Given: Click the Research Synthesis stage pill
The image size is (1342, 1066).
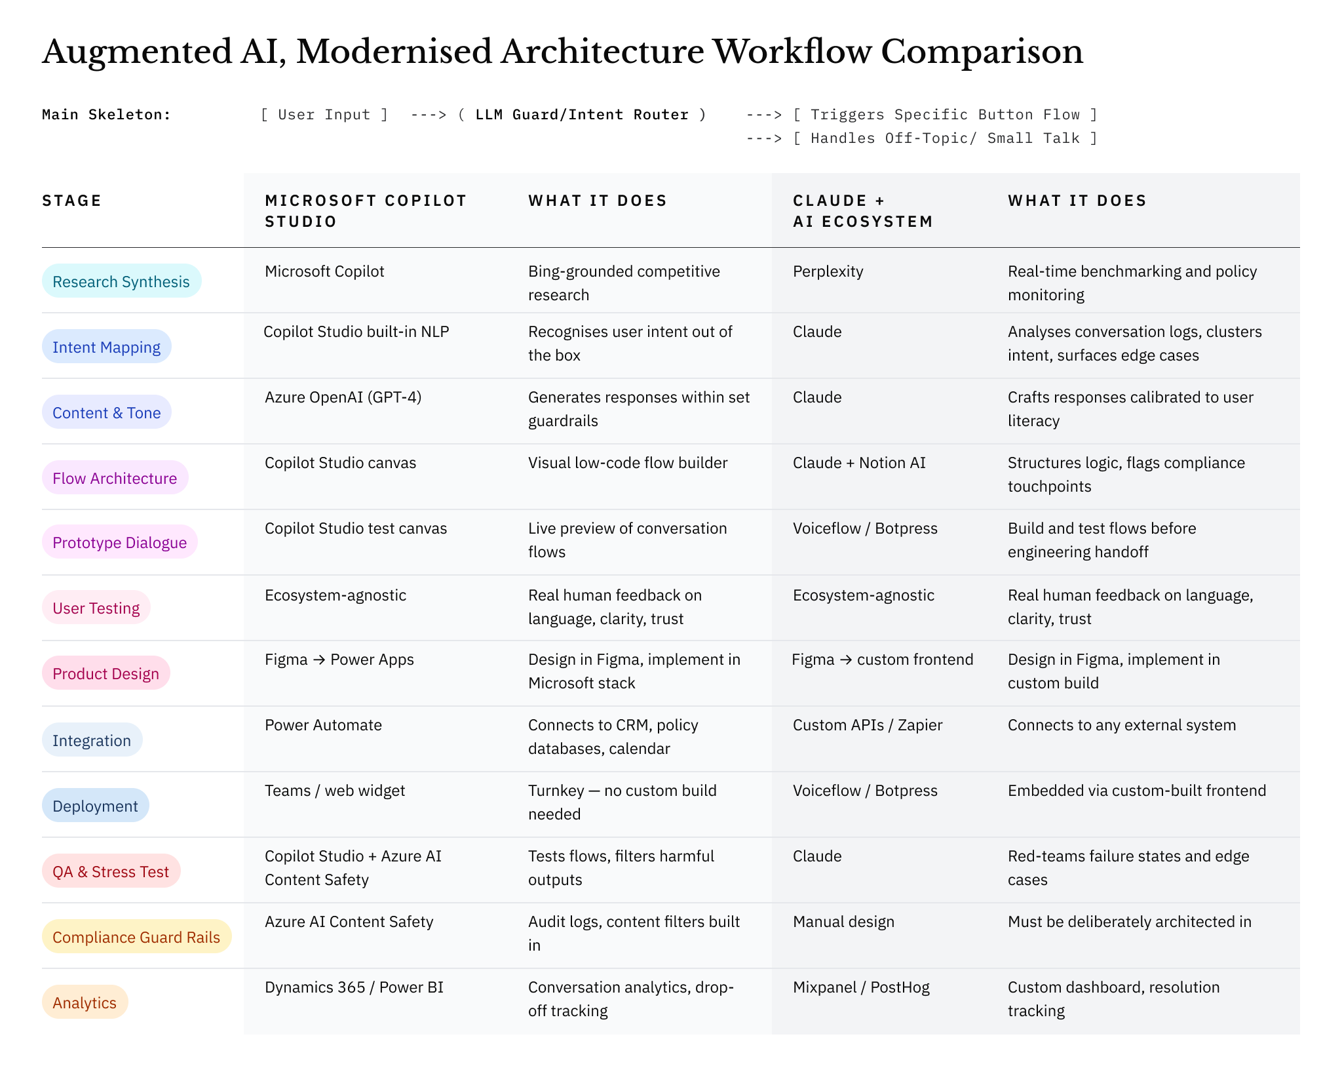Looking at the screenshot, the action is click(x=121, y=281).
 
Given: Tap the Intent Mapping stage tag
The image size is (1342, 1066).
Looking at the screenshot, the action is click(x=106, y=347).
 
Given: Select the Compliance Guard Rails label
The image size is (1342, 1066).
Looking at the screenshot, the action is click(x=136, y=937).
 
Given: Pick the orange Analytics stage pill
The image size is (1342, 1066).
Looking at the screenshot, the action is click(x=85, y=1002).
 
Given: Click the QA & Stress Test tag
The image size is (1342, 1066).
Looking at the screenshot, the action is click(x=111, y=871).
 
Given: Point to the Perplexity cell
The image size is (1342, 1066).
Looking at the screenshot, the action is click(x=828, y=271).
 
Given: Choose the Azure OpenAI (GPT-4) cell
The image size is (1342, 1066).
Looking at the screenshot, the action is click(x=343, y=397).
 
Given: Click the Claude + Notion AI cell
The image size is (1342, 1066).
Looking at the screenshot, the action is click(x=859, y=463).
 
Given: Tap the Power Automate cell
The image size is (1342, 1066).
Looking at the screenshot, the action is click(x=323, y=725).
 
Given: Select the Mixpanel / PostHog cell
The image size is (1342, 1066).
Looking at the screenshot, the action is click(x=861, y=987).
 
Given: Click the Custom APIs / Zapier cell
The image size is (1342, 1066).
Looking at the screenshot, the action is click(x=868, y=725).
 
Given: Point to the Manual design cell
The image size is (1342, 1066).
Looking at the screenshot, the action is click(x=843, y=922).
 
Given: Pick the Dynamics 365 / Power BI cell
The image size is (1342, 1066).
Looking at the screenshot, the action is click(x=354, y=987).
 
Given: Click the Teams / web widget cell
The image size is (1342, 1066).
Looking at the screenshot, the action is click(x=335, y=791).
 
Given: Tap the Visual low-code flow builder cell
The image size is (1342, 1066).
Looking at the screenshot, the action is click(x=628, y=463).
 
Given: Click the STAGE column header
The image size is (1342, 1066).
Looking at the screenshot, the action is click(x=72, y=201).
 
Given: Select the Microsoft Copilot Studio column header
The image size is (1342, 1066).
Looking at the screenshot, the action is click(x=366, y=211).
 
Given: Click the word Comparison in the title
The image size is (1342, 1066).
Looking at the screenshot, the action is click(x=982, y=52).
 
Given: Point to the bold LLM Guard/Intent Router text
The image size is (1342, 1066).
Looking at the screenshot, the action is click(x=582, y=115).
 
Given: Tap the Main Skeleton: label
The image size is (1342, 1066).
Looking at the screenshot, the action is click(x=106, y=115).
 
